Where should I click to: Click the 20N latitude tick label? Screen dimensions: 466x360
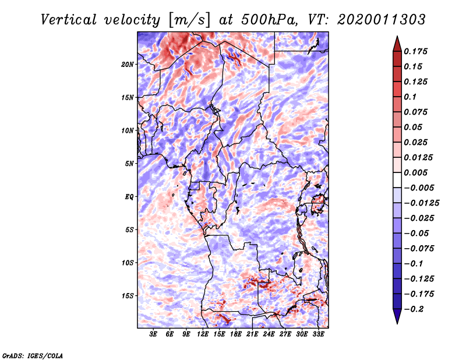(x=128, y=65)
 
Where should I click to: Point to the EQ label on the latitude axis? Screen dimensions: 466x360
(x=129, y=197)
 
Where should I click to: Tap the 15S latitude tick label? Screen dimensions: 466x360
(x=128, y=296)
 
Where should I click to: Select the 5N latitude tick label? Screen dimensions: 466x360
(x=129, y=164)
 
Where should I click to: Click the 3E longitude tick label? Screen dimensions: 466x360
(x=153, y=334)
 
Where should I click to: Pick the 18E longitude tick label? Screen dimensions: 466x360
(x=236, y=334)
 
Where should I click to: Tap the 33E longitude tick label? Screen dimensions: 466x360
(x=318, y=334)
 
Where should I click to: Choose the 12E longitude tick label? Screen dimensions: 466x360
(x=203, y=334)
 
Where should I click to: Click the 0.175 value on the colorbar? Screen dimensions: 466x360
(x=415, y=51)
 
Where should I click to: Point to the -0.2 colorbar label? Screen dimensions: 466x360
(x=414, y=309)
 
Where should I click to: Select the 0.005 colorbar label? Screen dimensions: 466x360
(x=415, y=172)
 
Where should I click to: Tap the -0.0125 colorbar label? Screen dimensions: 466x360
(x=421, y=203)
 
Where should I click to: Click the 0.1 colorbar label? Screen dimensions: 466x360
(x=410, y=97)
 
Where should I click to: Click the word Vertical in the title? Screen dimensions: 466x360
(x=69, y=20)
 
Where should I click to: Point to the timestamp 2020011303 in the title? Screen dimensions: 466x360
(x=382, y=20)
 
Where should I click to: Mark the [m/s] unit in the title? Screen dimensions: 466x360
(x=189, y=20)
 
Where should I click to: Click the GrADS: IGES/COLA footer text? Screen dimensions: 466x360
(x=33, y=355)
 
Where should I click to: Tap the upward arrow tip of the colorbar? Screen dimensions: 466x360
(x=397, y=36)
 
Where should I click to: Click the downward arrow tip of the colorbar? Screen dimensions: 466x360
(x=397, y=324)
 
